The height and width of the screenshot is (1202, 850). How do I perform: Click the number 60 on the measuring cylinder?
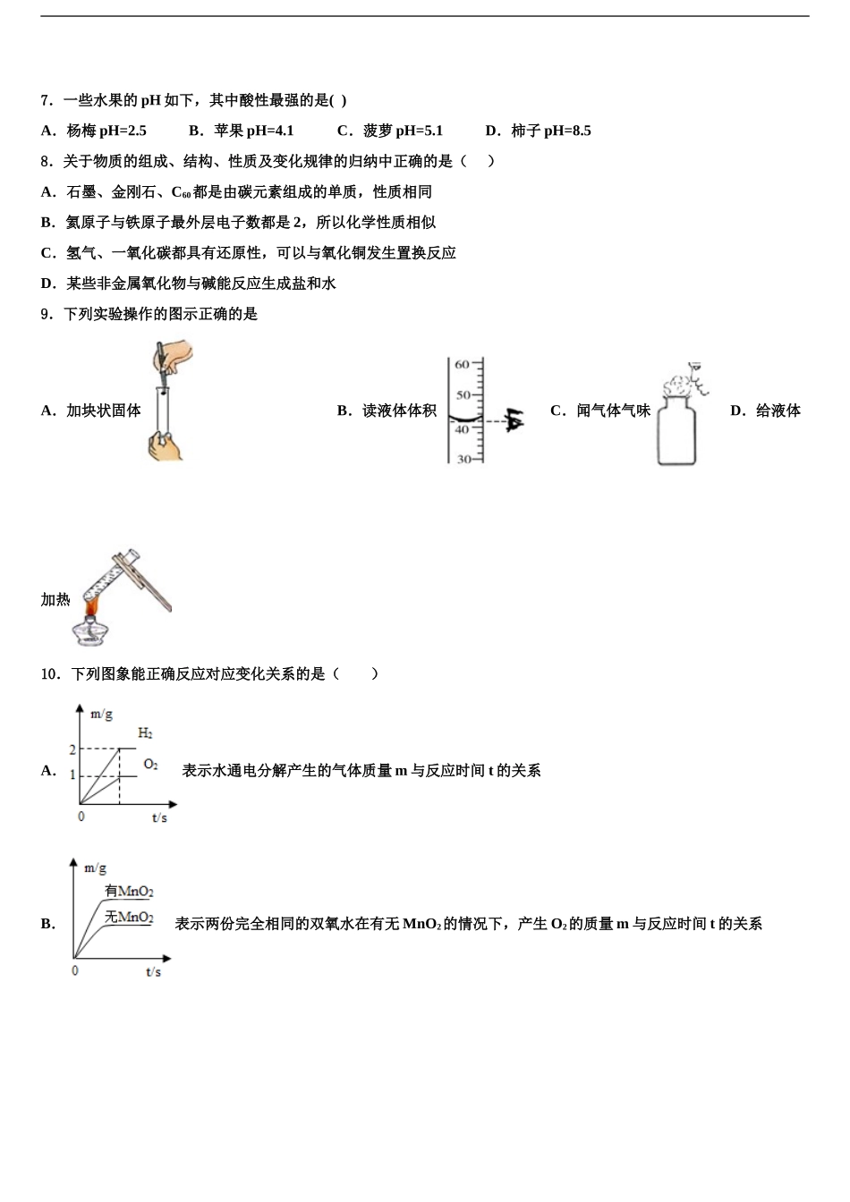[x=462, y=365]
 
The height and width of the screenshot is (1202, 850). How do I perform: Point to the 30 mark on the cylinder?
[x=463, y=459]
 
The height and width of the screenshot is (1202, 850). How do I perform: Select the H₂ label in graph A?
[x=145, y=733]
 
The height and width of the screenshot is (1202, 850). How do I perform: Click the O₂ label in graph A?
[x=150, y=765]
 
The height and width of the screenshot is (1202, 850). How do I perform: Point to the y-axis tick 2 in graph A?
[x=73, y=749]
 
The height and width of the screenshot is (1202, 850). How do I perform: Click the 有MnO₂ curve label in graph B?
[x=129, y=891]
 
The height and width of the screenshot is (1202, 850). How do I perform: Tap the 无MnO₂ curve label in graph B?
[x=129, y=917]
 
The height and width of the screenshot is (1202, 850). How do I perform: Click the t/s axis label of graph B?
[x=153, y=971]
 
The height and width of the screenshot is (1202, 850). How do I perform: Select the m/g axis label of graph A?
[x=101, y=714]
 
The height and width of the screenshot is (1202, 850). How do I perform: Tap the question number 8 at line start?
[x=46, y=161]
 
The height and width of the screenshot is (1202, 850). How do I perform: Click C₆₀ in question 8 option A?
[x=181, y=192]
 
